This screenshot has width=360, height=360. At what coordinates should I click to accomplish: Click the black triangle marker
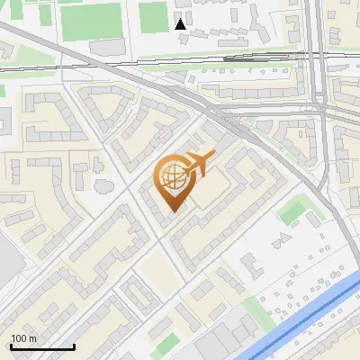(181, 23)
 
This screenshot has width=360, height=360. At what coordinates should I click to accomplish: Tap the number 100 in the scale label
(19, 338)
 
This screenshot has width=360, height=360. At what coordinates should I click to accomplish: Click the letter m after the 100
(31, 338)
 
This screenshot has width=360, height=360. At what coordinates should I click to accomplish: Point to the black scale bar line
(41, 346)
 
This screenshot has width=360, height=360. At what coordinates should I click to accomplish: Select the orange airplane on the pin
(196, 165)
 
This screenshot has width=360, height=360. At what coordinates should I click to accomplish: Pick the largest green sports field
(89, 19)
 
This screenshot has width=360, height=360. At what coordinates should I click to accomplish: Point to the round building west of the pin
(103, 185)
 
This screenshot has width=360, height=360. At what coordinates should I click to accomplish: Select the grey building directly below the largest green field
(106, 46)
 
